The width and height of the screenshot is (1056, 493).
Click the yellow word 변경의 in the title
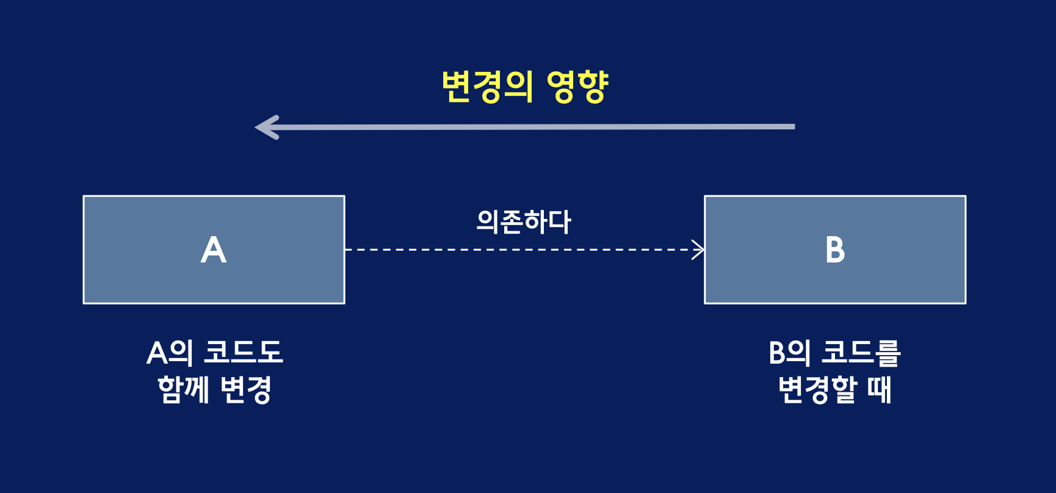click(x=487, y=87)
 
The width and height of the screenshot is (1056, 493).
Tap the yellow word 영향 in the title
click(x=577, y=87)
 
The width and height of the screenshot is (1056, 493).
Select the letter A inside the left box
click(x=214, y=250)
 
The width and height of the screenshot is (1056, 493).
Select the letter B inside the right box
click(x=835, y=250)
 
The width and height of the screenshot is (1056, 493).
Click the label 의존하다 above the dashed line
click(x=524, y=221)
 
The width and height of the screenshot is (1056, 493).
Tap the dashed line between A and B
click(x=519, y=250)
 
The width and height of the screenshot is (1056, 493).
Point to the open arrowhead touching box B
click(x=698, y=250)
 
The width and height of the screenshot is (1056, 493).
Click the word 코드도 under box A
click(x=243, y=353)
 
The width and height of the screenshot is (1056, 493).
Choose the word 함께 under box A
click(x=183, y=389)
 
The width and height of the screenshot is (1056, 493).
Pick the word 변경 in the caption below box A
click(x=245, y=389)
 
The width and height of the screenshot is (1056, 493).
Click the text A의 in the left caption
click(x=170, y=353)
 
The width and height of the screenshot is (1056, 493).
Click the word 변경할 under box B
click(x=818, y=389)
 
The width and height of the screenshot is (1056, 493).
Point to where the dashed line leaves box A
click(x=347, y=250)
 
